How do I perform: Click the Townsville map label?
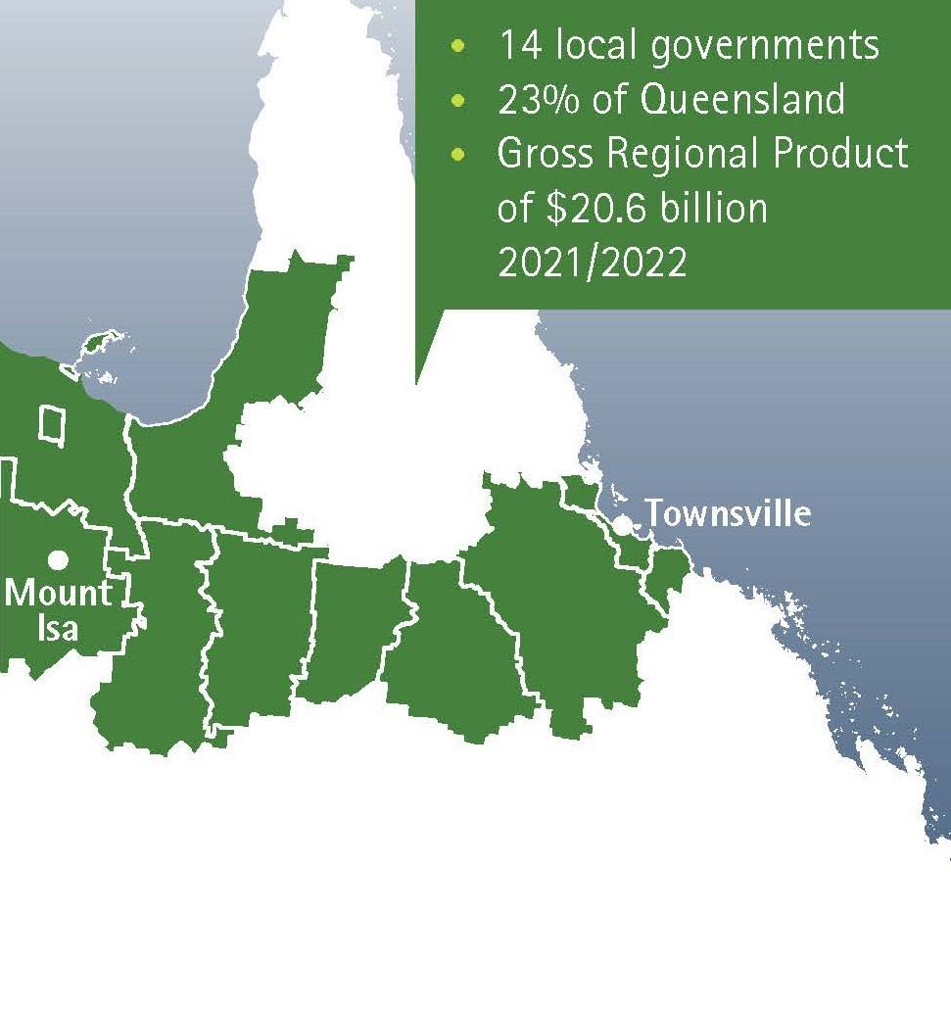pyautogui.click(x=728, y=513)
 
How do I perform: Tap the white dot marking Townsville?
pyautogui.click(x=623, y=524)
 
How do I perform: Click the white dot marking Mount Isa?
pyautogui.click(x=59, y=559)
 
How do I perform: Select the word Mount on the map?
pyautogui.click(x=59, y=594)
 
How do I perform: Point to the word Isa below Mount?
pyautogui.click(x=58, y=627)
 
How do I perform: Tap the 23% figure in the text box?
pyautogui.click(x=537, y=100)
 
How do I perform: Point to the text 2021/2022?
pyautogui.click(x=593, y=264)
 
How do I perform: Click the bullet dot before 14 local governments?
pyautogui.click(x=458, y=46)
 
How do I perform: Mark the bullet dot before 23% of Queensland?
pyautogui.click(x=458, y=100)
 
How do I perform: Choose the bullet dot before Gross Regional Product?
pyautogui.click(x=458, y=155)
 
